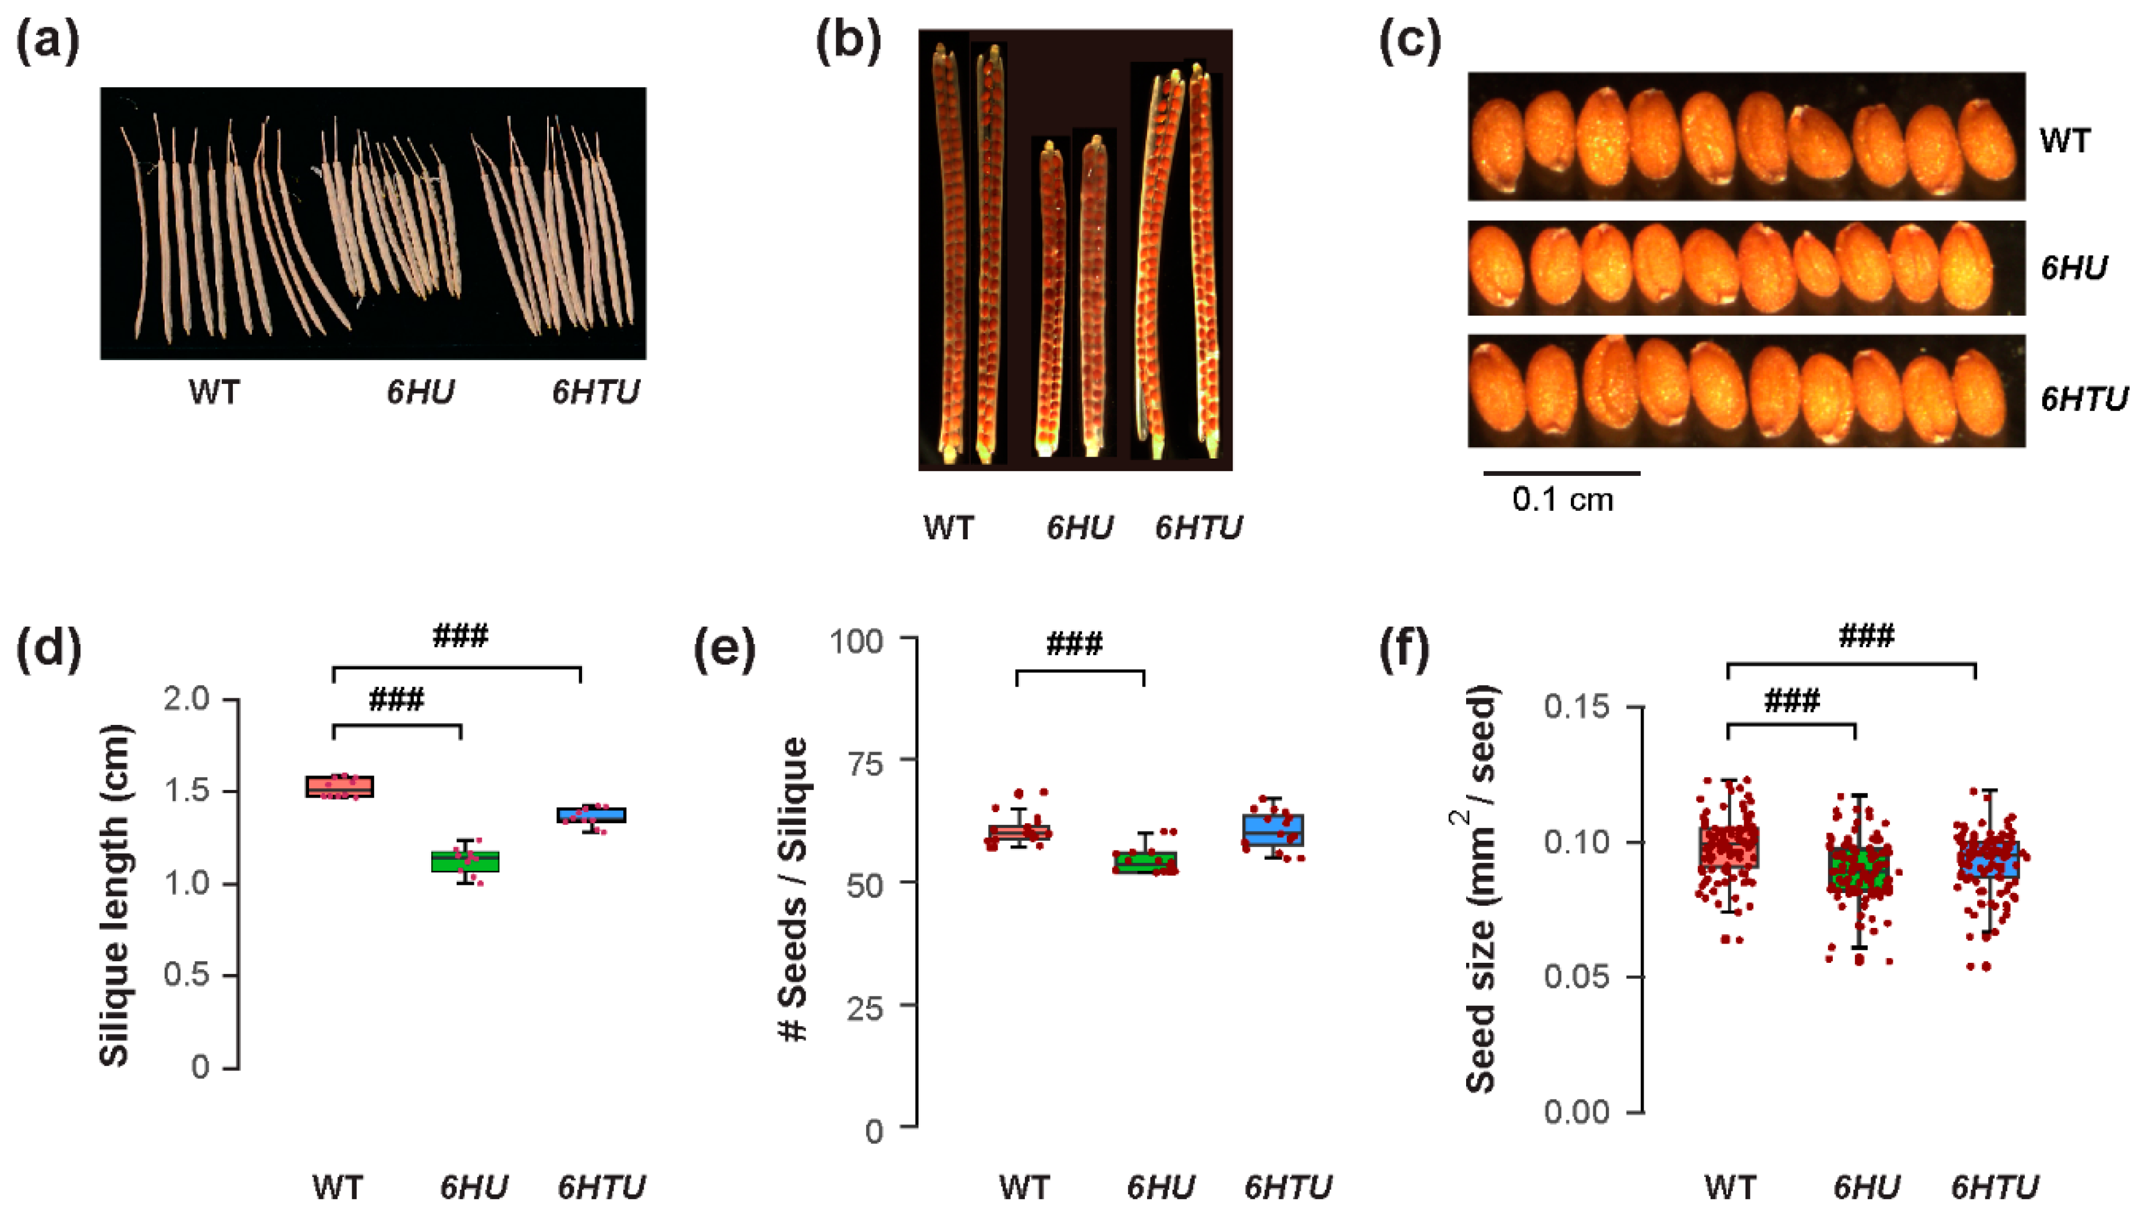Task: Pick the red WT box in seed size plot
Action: (x=1729, y=847)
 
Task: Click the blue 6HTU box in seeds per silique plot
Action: (x=1273, y=830)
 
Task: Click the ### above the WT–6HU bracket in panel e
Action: (x=1074, y=644)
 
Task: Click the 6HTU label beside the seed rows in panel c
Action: (x=2083, y=400)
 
